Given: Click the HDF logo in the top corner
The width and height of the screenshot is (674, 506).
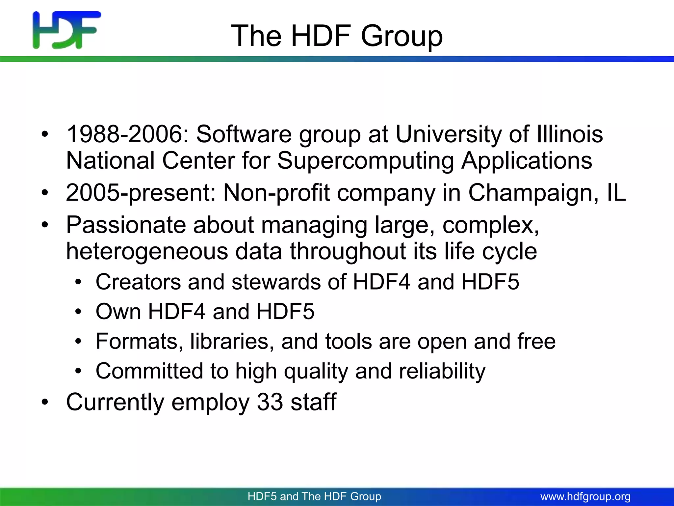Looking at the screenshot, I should tap(67, 30).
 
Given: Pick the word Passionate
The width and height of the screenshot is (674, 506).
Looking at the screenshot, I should tap(126, 225).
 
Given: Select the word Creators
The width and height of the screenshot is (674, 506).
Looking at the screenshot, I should tap(138, 282).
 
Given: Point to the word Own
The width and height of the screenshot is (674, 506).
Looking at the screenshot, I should tap(118, 312).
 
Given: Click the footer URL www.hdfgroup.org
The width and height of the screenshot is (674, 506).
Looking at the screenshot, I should tap(585, 496).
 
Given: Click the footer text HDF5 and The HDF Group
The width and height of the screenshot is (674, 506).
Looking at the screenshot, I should tap(314, 496).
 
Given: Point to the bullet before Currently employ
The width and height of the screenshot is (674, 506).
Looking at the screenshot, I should tap(45, 402).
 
